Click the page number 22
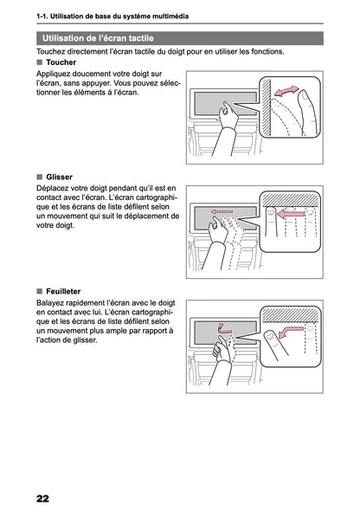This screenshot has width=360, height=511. [x=42, y=496]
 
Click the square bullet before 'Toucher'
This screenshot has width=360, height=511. [x=40, y=63]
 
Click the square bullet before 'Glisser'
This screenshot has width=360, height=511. [x=40, y=176]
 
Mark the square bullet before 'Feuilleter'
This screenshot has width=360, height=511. [x=40, y=292]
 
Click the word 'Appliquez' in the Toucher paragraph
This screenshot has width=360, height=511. [x=54, y=75]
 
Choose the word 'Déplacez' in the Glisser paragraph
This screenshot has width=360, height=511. [x=53, y=188]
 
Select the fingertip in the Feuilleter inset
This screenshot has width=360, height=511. [x=270, y=335]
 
